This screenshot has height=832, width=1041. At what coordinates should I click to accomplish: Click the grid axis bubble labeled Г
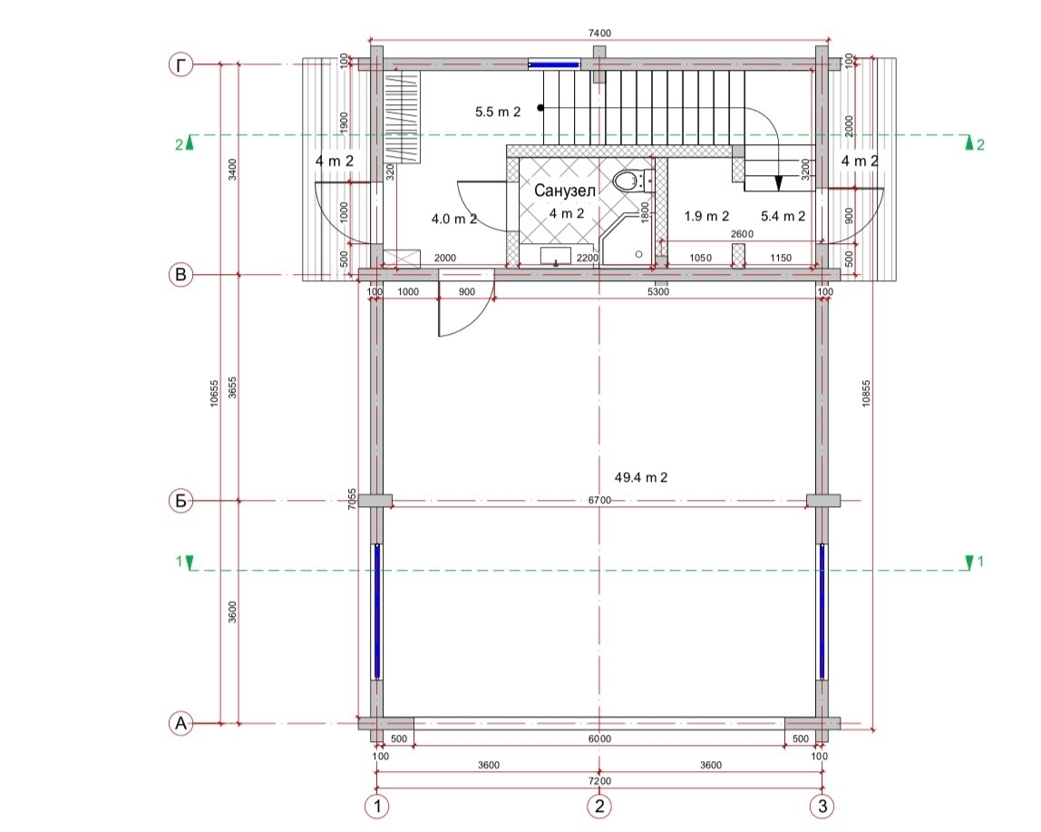tap(180, 65)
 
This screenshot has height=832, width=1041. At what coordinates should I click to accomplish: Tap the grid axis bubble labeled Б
tap(180, 501)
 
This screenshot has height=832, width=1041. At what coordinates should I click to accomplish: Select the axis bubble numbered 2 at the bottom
tap(599, 806)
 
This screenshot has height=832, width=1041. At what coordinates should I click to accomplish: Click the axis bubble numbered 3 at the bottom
tap(822, 806)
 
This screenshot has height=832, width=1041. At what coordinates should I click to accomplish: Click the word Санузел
tap(566, 191)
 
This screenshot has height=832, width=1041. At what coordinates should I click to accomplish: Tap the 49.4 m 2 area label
tap(641, 477)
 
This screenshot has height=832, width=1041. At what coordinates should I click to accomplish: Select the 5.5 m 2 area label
tap(498, 112)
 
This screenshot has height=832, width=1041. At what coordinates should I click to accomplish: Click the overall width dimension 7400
tap(599, 33)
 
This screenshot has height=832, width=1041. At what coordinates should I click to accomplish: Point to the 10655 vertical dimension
tap(214, 393)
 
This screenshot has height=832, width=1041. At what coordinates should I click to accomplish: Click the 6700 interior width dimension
tap(599, 501)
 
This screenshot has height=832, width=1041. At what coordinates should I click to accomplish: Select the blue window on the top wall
tap(554, 64)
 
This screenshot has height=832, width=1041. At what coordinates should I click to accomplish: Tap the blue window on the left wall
tap(377, 612)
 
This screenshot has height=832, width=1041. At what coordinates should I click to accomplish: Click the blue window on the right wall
tap(822, 612)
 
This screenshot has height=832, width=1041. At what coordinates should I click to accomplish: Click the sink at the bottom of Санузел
tap(556, 256)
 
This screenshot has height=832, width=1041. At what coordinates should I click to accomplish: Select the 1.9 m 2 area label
tap(706, 216)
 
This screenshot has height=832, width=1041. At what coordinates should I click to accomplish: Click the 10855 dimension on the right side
tap(866, 393)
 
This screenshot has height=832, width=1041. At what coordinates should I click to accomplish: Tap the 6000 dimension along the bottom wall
tap(599, 739)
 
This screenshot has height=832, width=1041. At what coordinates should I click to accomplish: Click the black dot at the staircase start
tap(541, 108)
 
